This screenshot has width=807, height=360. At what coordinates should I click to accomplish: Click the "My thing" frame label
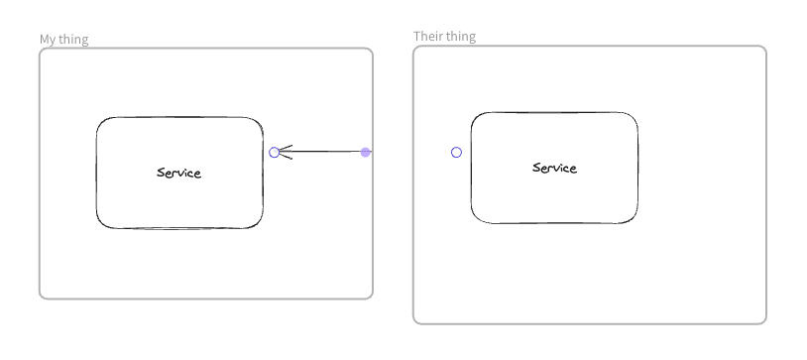point(63,40)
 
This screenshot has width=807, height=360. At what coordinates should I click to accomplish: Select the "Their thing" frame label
point(444,37)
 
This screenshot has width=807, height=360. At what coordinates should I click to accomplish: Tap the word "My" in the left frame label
point(47,40)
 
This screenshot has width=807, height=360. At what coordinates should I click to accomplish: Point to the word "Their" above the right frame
point(427,37)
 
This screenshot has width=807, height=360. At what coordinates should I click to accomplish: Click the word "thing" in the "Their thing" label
point(460,37)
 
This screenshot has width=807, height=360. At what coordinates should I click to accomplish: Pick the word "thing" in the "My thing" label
point(72,40)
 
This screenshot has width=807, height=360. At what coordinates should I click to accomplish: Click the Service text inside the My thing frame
point(178,173)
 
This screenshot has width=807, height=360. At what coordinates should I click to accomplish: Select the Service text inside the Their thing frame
point(554,168)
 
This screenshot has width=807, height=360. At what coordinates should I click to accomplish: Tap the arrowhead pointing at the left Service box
point(285,152)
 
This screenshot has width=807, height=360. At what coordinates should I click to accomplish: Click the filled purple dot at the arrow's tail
point(366,152)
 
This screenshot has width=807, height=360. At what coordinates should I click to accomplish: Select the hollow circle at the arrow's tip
point(275,152)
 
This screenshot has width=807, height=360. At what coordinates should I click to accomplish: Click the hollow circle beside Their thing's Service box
point(456,152)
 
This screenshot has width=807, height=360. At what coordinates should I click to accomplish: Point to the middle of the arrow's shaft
point(323,152)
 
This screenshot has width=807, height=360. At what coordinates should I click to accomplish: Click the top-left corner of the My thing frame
point(42,51)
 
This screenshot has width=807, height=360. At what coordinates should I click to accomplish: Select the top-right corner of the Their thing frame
point(764,49)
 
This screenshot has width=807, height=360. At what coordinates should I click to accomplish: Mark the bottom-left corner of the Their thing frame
point(415,321)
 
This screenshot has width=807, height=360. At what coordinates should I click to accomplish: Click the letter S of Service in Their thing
point(536,168)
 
